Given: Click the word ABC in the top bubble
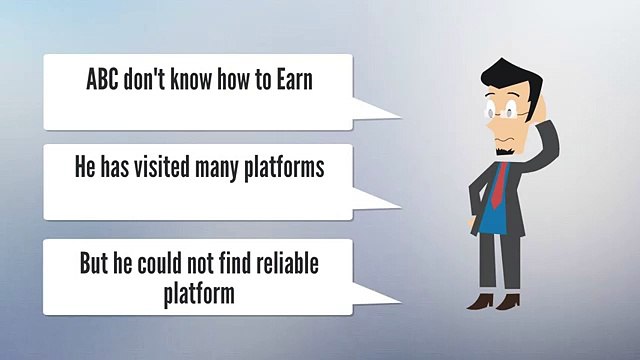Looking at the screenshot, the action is tap(102, 79).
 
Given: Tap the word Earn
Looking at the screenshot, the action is tap(295, 79).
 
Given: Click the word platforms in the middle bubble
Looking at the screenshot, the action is tap(284, 168).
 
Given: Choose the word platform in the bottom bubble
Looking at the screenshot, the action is tap(199, 294).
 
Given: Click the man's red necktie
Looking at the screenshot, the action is tap(500, 184).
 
